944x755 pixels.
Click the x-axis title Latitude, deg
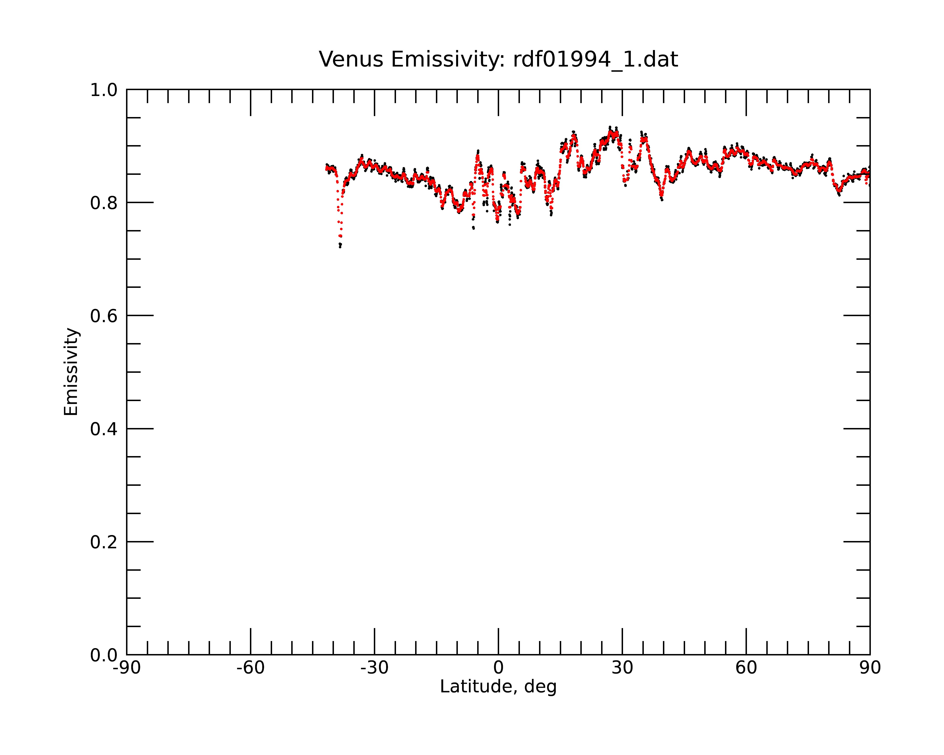click(x=498, y=687)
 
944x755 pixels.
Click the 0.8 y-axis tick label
click(x=104, y=203)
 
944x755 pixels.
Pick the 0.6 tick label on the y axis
click(x=104, y=316)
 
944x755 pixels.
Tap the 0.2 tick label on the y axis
click(x=104, y=542)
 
